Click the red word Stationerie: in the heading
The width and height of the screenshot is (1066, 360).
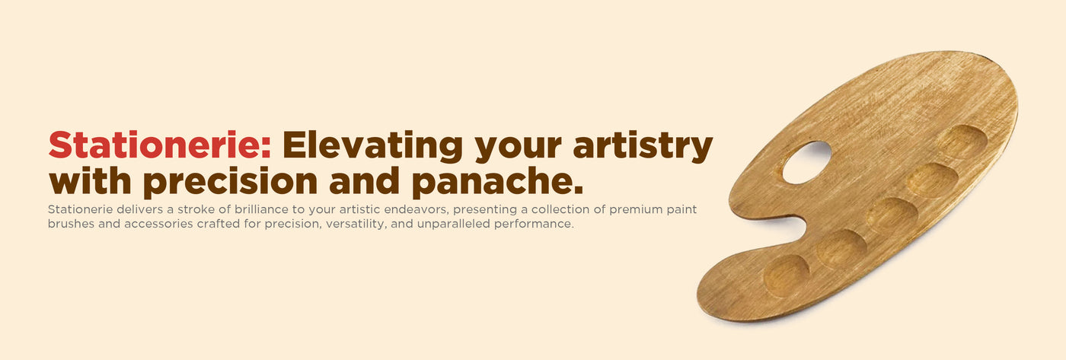coord(160,145)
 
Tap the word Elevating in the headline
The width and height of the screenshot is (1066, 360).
coord(372,146)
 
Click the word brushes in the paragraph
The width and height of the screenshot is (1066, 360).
coord(71,224)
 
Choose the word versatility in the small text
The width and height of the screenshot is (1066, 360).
coord(356,224)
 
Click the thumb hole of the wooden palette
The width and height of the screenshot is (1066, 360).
coord(807,163)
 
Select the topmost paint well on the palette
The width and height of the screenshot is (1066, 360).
coord(962,142)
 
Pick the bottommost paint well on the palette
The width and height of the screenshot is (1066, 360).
coord(786,276)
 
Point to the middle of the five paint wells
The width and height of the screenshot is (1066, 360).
coord(892,215)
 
